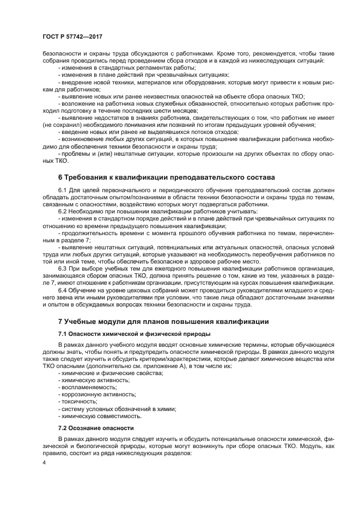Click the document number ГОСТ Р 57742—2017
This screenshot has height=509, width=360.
point(72,35)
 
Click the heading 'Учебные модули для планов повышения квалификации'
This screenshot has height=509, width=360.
point(163,322)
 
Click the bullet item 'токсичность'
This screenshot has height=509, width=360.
point(81,401)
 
